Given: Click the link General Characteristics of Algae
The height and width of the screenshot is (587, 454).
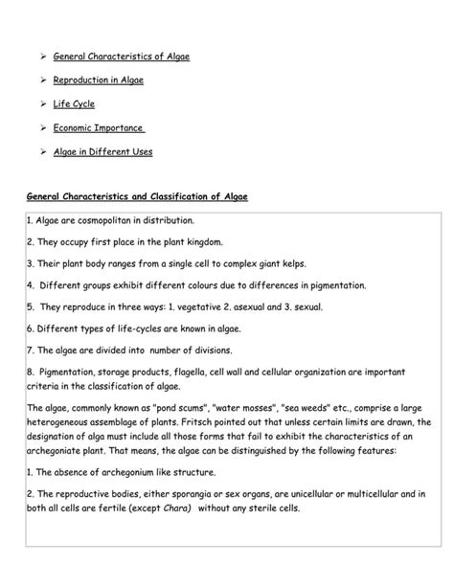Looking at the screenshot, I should [x=121, y=57].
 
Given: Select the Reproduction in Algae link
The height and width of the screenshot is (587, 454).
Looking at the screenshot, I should [x=98, y=80].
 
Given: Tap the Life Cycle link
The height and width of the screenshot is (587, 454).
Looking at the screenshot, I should [x=74, y=103].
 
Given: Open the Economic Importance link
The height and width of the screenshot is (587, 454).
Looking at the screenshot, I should [x=98, y=127].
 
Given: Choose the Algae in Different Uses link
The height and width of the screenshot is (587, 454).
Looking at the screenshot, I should [x=102, y=151].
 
